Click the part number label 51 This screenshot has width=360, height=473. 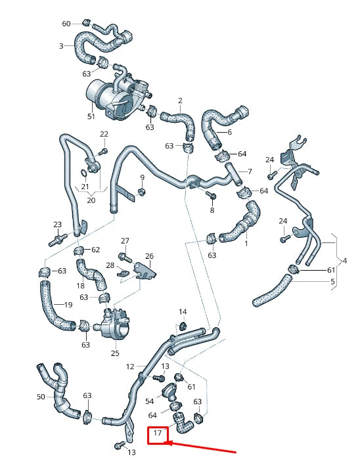tap(91, 116)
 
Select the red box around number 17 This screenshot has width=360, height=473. tap(158, 434)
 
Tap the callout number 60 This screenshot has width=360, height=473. tap(66, 24)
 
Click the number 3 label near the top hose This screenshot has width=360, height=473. tap(61, 46)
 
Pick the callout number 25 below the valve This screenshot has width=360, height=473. tap(115, 353)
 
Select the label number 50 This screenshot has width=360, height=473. tap(41, 397)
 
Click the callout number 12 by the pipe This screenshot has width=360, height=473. tap(130, 366)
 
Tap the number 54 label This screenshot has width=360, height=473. tap(149, 401)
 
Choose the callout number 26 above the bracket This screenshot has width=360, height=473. tap(149, 256)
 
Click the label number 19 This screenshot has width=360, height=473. tap(68, 304)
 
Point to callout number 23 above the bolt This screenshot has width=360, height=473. tap(57, 225)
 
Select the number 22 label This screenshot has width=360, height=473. tap(103, 134)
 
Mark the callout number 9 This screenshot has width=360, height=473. tap(141, 177)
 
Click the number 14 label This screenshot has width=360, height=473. tap(183, 311)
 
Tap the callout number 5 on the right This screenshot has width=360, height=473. tap(332, 282)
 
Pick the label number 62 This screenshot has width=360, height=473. tap(95, 250)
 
